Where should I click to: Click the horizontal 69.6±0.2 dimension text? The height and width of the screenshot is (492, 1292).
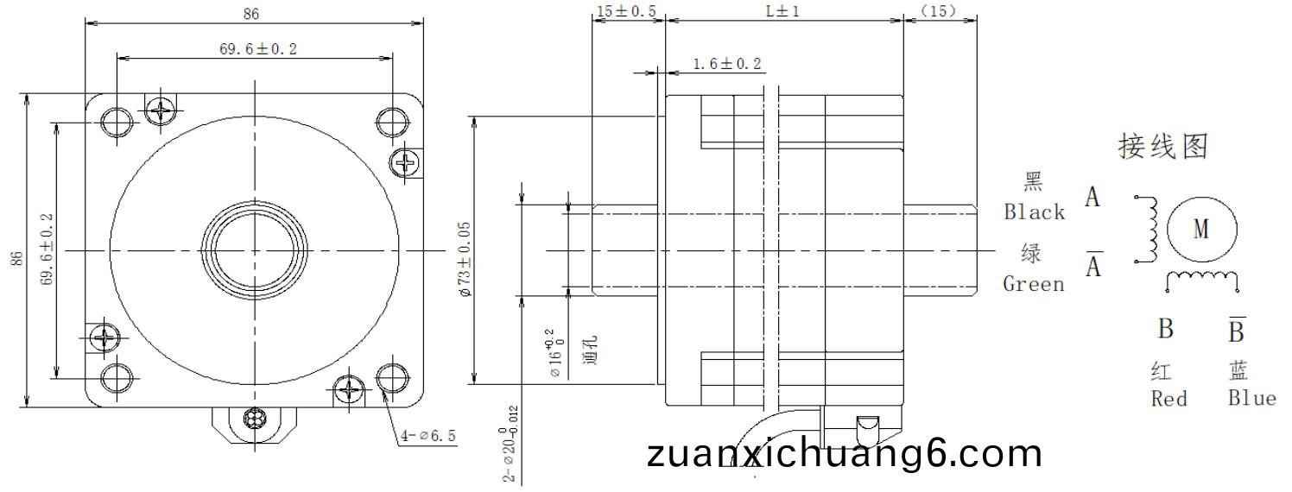point(257,49)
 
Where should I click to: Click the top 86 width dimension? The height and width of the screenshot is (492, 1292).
point(251,13)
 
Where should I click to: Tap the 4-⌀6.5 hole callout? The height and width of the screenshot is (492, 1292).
point(427,436)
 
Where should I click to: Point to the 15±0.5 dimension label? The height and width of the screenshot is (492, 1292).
point(626,11)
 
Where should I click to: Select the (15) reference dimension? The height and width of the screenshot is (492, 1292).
point(938,11)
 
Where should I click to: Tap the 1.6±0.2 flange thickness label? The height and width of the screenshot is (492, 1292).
point(727,63)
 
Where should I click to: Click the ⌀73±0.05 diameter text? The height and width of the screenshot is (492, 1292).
point(465,259)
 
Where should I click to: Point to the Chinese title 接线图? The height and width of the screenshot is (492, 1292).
point(1162,147)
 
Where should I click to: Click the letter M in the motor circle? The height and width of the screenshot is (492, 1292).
point(1201,229)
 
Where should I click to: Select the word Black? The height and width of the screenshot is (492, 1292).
point(1034,212)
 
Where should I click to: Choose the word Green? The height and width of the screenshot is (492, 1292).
point(1033,284)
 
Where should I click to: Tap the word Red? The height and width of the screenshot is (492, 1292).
point(1168,399)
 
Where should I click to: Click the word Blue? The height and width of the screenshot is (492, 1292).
point(1251,398)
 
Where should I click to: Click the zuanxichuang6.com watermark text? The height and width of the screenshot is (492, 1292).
point(844,453)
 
